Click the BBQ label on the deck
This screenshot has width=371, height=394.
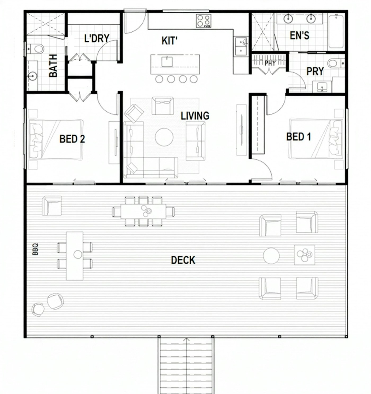(35, 249)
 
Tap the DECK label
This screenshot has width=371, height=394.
(183, 260)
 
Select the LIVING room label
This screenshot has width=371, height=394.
(195, 116)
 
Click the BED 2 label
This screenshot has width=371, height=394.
(72, 139)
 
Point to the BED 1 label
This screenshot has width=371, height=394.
(298, 137)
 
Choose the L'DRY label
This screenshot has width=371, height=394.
(97, 38)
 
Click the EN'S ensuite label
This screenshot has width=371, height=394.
(299, 35)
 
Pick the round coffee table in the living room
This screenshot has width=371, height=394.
(164, 137)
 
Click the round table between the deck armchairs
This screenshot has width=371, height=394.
(271, 256)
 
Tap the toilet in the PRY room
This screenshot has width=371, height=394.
(334, 63)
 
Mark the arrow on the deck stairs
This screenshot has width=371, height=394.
(187, 340)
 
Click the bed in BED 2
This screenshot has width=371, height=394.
(56, 139)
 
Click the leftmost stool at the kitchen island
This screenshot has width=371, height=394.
(159, 79)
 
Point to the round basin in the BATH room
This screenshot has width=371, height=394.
(32, 76)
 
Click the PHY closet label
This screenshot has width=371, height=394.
(270, 63)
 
